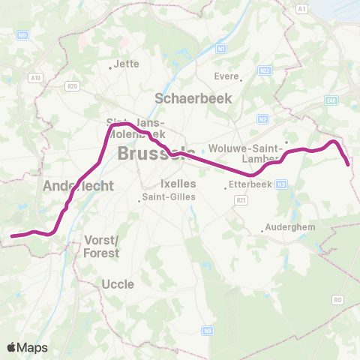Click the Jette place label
point(127,64)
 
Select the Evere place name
point(226,76)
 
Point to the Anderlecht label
point(78,186)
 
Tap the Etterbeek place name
point(247,183)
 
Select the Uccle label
point(118,284)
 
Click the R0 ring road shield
point(337,298)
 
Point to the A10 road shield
point(34,77)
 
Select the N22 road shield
point(264,70)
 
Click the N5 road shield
point(207,330)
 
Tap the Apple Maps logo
point(27,347)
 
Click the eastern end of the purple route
point(349,164)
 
